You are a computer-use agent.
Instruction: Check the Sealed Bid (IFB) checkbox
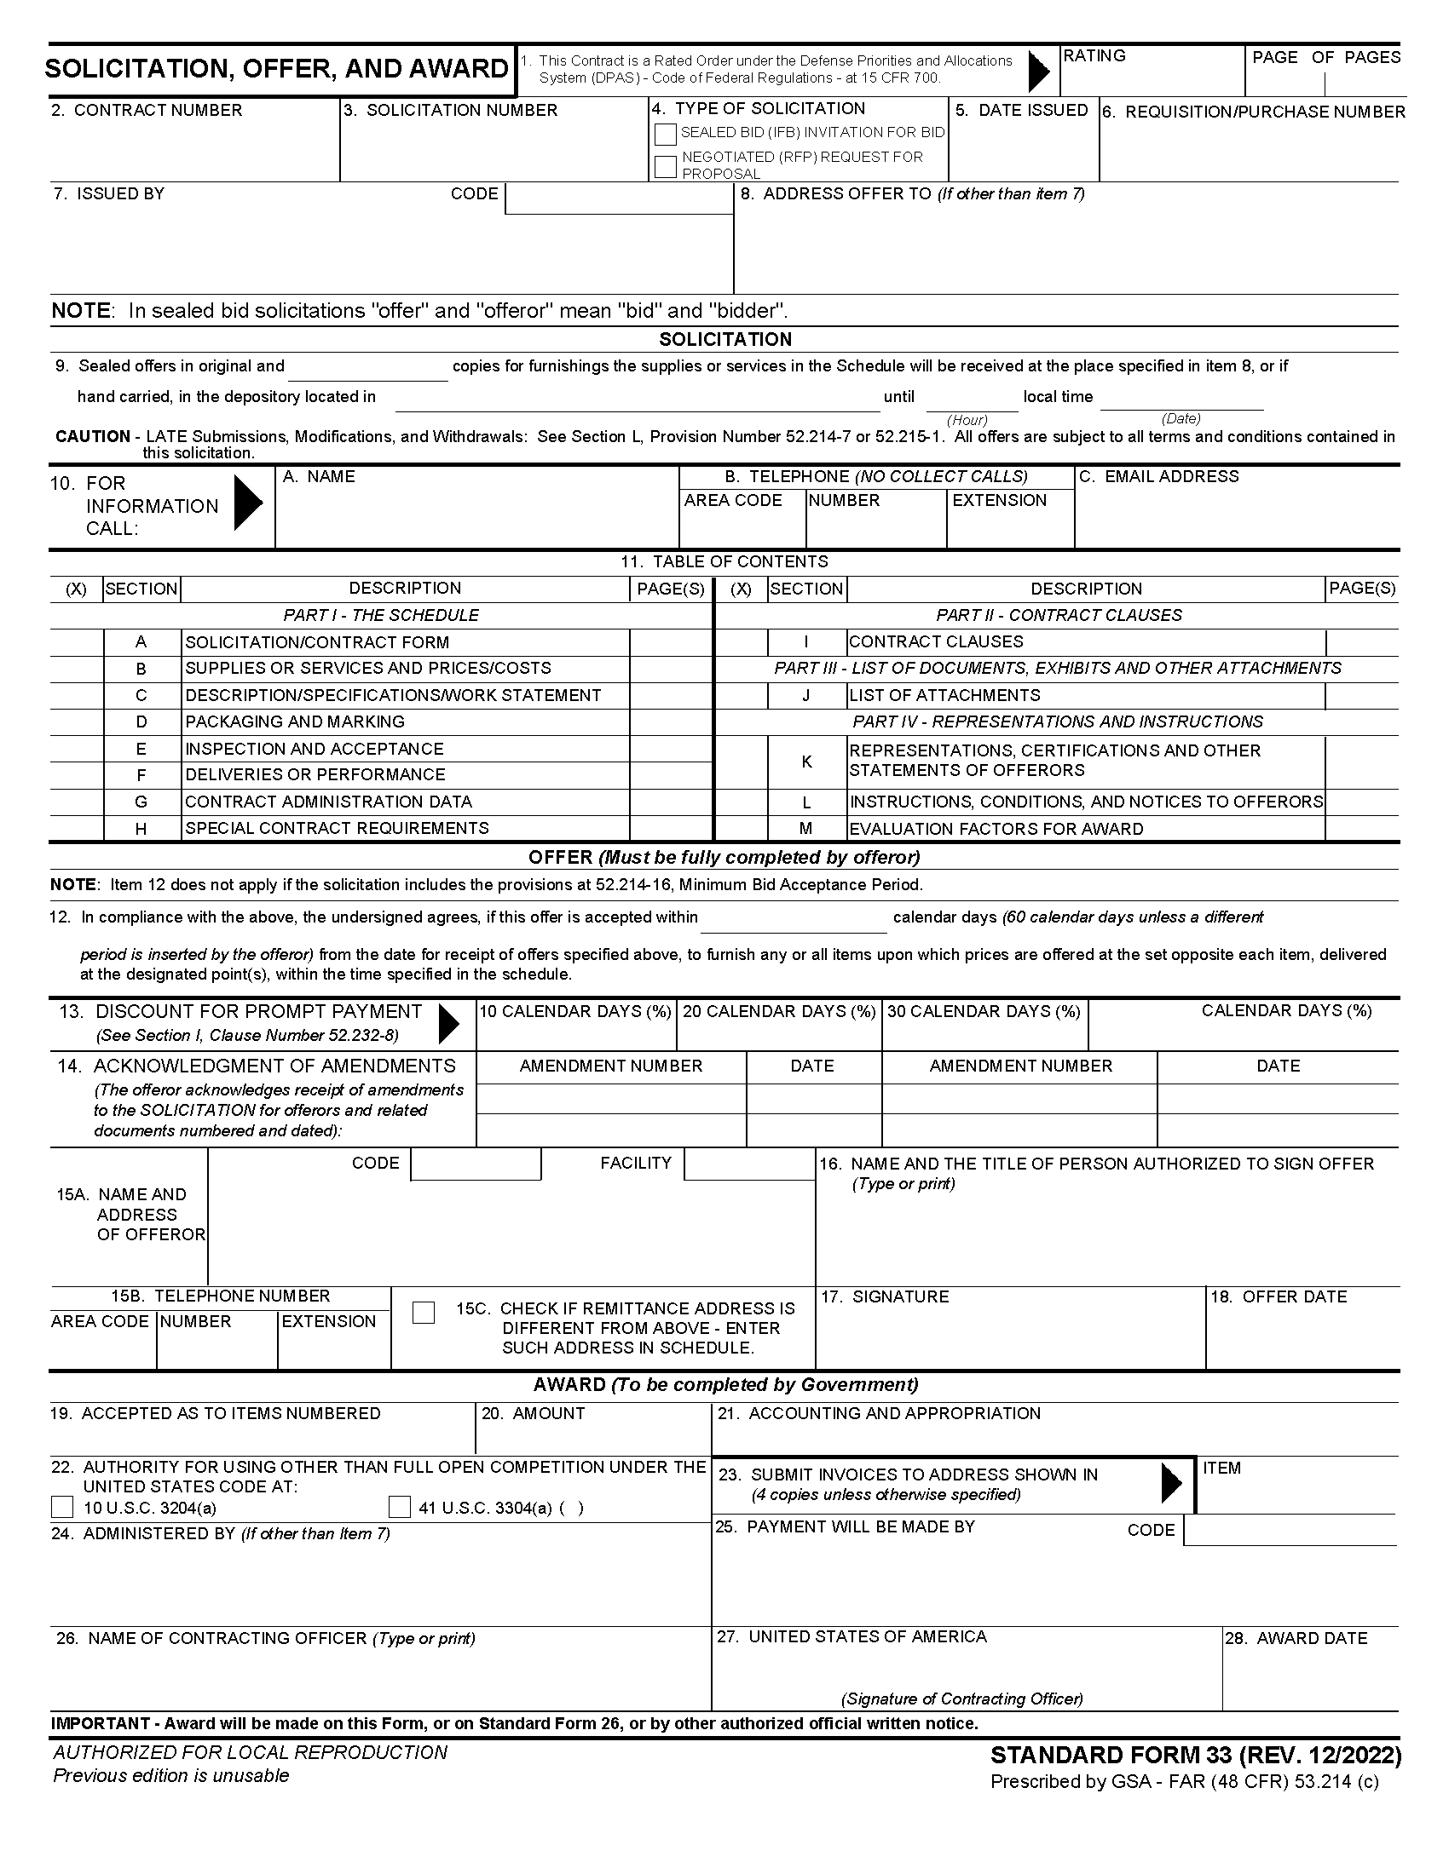tap(666, 135)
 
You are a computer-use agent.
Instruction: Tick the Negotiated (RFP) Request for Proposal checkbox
tap(666, 166)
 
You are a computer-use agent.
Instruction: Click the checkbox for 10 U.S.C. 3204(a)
tap(63, 1508)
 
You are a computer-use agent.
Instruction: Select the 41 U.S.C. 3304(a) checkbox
tap(400, 1508)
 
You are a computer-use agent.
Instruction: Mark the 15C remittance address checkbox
tap(424, 1313)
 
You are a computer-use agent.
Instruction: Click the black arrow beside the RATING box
tap(1039, 71)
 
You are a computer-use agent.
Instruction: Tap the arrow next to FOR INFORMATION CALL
tap(248, 503)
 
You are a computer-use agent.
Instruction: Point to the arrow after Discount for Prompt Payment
tap(448, 1024)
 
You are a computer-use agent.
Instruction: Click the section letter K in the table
tap(806, 762)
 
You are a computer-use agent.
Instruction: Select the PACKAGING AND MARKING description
tap(294, 721)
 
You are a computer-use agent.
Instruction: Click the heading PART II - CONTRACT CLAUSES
tap(1059, 615)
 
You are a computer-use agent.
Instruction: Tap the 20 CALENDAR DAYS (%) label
tap(778, 1012)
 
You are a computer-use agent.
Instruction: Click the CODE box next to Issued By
tap(618, 199)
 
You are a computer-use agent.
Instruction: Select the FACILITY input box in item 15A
tap(748, 1164)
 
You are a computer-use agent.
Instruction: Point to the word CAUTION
tap(93, 436)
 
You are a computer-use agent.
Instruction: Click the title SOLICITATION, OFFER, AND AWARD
tap(276, 69)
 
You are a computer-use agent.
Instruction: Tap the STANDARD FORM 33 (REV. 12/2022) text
tap(1196, 1755)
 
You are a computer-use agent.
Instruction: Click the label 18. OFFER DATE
tap(1279, 1296)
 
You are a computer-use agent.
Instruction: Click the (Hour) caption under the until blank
tap(967, 420)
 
